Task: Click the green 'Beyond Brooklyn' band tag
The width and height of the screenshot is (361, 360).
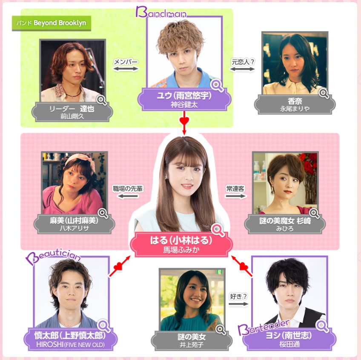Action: click(x=52, y=23)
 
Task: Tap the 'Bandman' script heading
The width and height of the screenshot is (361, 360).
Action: click(x=161, y=12)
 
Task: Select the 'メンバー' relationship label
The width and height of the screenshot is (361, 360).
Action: click(x=126, y=62)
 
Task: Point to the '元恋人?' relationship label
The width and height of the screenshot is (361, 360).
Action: click(x=243, y=62)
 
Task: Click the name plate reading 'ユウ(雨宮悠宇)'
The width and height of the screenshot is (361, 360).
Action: click(x=184, y=100)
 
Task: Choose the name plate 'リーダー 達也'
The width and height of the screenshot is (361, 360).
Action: click(x=72, y=112)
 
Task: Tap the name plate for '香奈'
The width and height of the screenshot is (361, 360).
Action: click(x=295, y=105)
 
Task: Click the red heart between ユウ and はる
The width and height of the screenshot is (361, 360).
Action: click(x=184, y=120)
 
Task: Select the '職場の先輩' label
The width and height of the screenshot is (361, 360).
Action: click(x=128, y=189)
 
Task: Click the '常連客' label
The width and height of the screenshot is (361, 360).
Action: click(x=235, y=189)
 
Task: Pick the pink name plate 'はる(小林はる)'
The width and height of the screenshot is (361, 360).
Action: click(x=181, y=244)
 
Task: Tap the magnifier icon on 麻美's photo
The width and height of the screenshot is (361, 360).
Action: click(x=103, y=213)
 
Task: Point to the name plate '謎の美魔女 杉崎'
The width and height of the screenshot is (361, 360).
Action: click(x=285, y=224)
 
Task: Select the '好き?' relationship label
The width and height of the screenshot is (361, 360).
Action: click(x=238, y=297)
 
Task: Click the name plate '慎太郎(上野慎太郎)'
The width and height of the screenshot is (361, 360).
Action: click(x=70, y=339)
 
